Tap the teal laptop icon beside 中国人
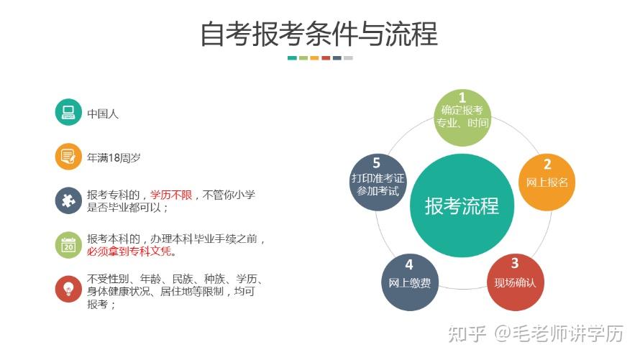pyautogui.click(x=68, y=112)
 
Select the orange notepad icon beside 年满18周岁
pyautogui.click(x=68, y=156)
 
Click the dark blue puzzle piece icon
pyautogui.click(x=68, y=200)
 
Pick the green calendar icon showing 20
pyautogui.click(x=68, y=245)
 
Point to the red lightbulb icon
pyautogui.click(x=68, y=289)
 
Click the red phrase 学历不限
pyautogui.click(x=171, y=195)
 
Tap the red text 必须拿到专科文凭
pyautogui.click(x=131, y=251)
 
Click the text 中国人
pyautogui.click(x=103, y=113)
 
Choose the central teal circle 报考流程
pyautogui.click(x=461, y=206)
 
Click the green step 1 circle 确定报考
pyautogui.click(x=462, y=116)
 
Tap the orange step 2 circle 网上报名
pyautogui.click(x=547, y=181)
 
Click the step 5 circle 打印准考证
pyautogui.click(x=377, y=183)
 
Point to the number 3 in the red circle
pyautogui.click(x=515, y=264)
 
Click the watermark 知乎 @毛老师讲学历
pyautogui.click(x=535, y=333)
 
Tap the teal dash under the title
pyautogui.click(x=292, y=58)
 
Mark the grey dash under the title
pyautogui.click(x=348, y=58)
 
